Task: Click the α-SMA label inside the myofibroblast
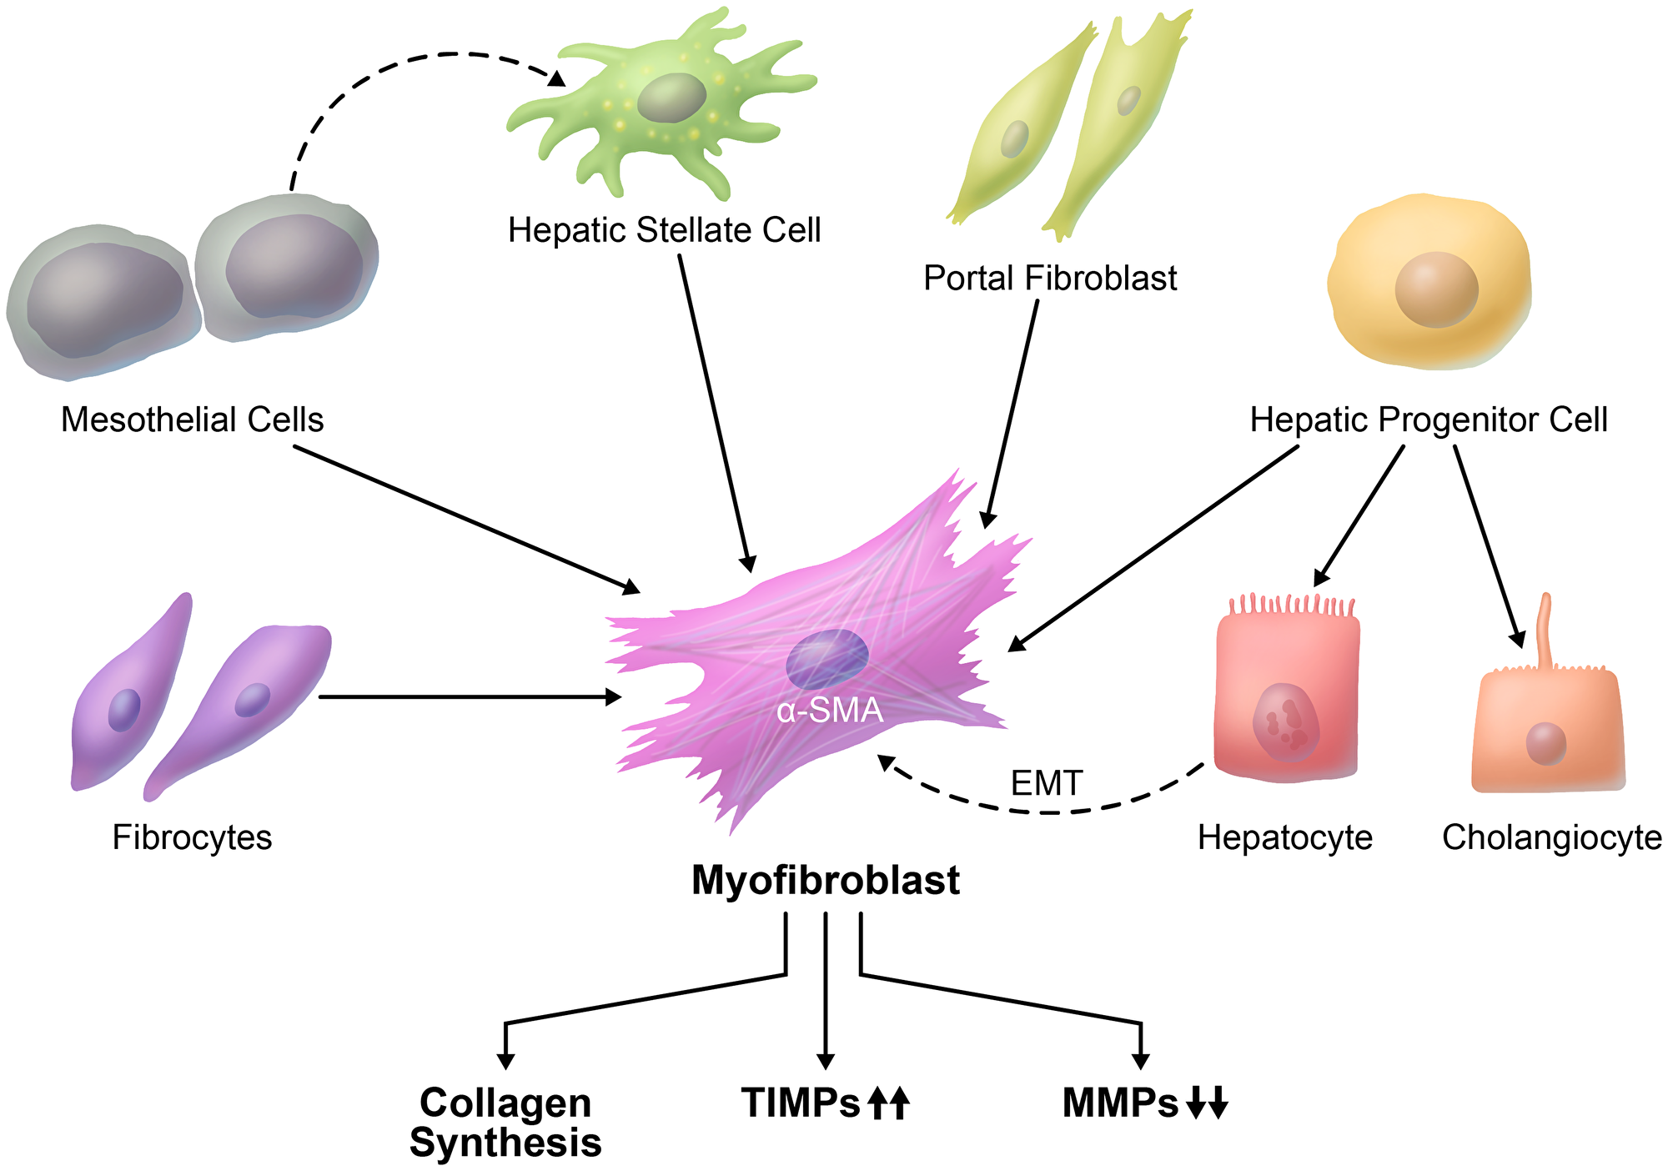pyautogui.click(x=829, y=711)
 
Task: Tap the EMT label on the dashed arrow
pyautogui.click(x=1046, y=783)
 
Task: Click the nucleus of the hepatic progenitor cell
pyautogui.click(x=1436, y=289)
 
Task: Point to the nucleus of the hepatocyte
pyautogui.click(x=1285, y=722)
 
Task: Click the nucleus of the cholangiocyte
pyautogui.click(x=1545, y=743)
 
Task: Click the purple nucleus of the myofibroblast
pyautogui.click(x=826, y=659)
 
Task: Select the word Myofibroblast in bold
pyautogui.click(x=826, y=880)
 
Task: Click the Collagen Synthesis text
pyautogui.click(x=505, y=1123)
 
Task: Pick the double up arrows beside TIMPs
pyautogui.click(x=888, y=1103)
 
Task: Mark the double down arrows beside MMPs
pyautogui.click(x=1207, y=1103)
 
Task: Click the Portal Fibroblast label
pyautogui.click(x=1049, y=278)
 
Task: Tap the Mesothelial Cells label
pyautogui.click(x=192, y=420)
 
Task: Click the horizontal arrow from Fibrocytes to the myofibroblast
pyautogui.click(x=467, y=696)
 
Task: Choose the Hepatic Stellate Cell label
pyautogui.click(x=664, y=230)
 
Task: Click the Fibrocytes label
pyautogui.click(x=192, y=837)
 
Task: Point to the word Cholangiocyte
pyautogui.click(x=1551, y=837)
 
